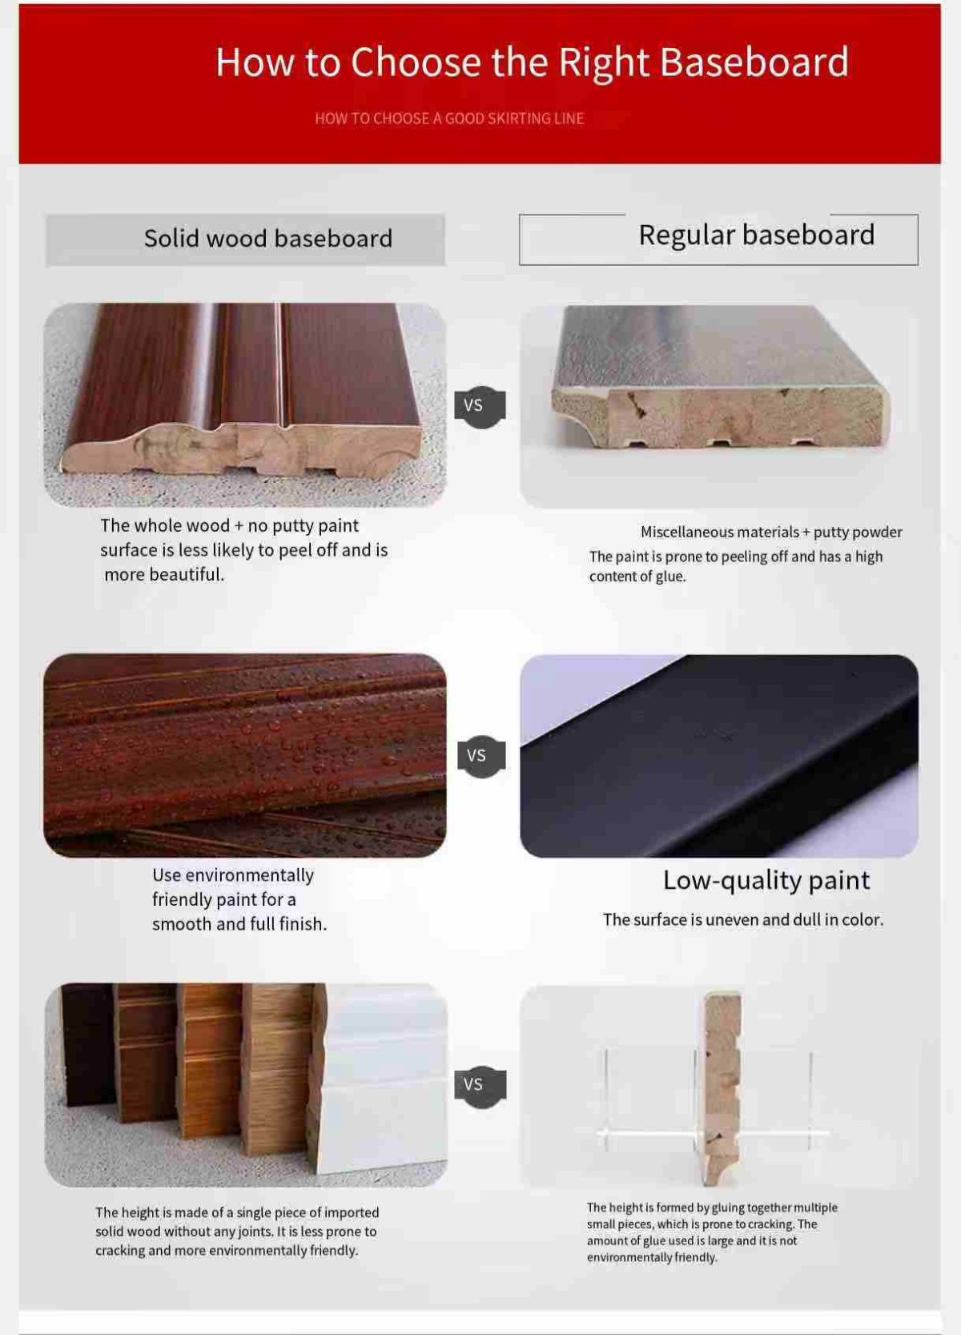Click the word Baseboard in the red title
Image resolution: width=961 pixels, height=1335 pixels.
[x=754, y=62]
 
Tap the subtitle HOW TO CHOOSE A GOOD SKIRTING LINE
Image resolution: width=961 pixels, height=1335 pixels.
[x=449, y=119]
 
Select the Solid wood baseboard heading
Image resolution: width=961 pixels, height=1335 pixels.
[x=268, y=239]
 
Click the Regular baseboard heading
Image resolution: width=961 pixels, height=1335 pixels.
[x=757, y=235]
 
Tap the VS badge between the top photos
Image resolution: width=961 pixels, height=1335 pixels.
[x=480, y=406]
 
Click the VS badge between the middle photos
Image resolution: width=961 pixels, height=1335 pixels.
[x=481, y=756]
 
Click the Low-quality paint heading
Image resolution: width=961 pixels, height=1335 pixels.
[x=766, y=880]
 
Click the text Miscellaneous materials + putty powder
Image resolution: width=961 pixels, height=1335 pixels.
[x=771, y=533]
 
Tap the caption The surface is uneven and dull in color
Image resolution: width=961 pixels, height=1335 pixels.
[x=743, y=919]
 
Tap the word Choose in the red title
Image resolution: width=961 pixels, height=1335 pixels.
[x=416, y=62]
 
